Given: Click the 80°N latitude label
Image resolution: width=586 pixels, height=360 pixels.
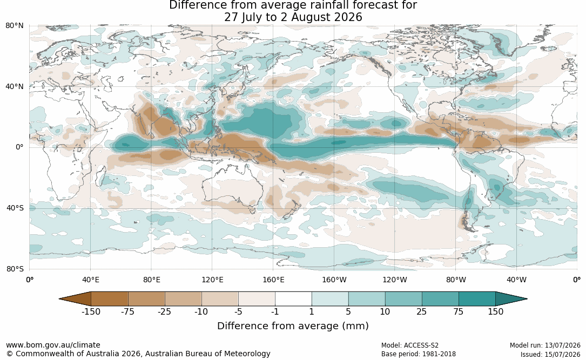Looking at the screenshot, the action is pyautogui.click(x=14, y=26).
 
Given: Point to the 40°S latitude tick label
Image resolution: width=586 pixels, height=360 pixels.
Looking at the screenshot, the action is pyautogui.click(x=15, y=208).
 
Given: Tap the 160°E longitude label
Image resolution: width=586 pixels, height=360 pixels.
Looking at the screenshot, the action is pyautogui.click(x=274, y=280).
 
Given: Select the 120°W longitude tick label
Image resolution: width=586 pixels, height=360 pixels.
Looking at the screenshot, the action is pyautogui.click(x=395, y=280).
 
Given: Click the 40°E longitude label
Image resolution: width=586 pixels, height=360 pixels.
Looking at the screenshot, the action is pyautogui.click(x=91, y=280).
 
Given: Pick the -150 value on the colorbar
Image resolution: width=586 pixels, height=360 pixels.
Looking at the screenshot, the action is pyautogui.click(x=91, y=312).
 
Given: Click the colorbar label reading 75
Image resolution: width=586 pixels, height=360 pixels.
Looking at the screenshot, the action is pyautogui.click(x=459, y=312).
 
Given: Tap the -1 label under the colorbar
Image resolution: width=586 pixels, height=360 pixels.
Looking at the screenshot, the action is pyautogui.click(x=275, y=312).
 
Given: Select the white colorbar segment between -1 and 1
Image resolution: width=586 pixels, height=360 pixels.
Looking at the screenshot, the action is pyautogui.click(x=293, y=299).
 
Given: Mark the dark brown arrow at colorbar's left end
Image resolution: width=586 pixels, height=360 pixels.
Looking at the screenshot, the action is pyautogui.click(x=76, y=299).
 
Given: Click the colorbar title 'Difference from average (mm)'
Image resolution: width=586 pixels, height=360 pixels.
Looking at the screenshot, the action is pyautogui.click(x=293, y=326).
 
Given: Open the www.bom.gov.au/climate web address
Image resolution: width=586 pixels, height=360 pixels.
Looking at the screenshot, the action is pyautogui.click(x=53, y=345).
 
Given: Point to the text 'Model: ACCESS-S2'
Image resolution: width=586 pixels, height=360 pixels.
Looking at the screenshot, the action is pyautogui.click(x=410, y=345).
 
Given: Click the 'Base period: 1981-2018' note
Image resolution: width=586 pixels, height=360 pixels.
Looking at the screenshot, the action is pyautogui.click(x=419, y=354).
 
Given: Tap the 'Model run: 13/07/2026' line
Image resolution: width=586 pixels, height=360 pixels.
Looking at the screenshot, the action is pyautogui.click(x=545, y=345).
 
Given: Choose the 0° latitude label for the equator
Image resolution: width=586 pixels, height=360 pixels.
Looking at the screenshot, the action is pyautogui.click(x=19, y=147).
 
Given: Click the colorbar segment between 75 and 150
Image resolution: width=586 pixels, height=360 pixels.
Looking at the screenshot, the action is pyautogui.click(x=477, y=299).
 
